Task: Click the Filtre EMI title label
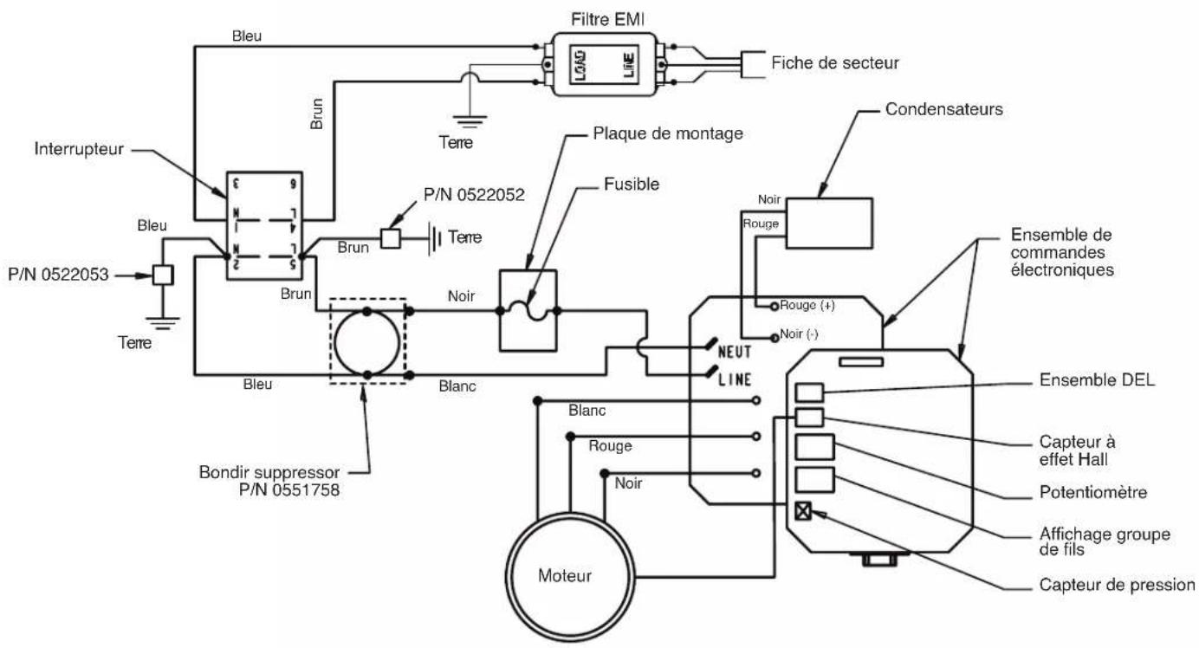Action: pyautogui.click(x=607, y=20)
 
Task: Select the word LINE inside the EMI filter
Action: pyautogui.click(x=629, y=65)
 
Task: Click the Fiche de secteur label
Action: pyautogui.click(x=834, y=63)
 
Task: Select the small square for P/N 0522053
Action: pyautogui.click(x=163, y=275)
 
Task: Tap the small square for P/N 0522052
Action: pyautogui.click(x=391, y=238)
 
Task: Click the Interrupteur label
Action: pyautogui.click(x=79, y=149)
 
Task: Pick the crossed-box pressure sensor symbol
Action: pyautogui.click(x=803, y=511)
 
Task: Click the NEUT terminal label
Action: pyautogui.click(x=735, y=352)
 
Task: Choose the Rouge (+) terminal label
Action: pyautogui.click(x=807, y=305)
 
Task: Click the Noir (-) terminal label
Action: pyautogui.click(x=799, y=334)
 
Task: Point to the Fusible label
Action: pyautogui.click(x=632, y=184)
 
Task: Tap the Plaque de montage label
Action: pyautogui.click(x=668, y=133)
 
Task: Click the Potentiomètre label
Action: pyautogui.click(x=1093, y=492)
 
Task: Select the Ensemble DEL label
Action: pyautogui.click(x=1098, y=380)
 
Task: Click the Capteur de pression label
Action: pyautogui.click(x=1117, y=585)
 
